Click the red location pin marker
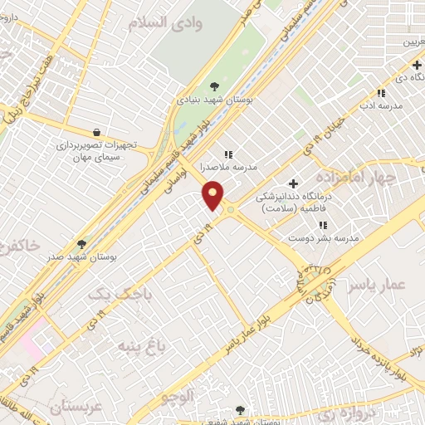[x=213, y=197]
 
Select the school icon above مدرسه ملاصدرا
[x=228, y=154]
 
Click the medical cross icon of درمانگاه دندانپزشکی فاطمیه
[x=292, y=183]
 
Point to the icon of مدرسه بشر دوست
[x=323, y=225]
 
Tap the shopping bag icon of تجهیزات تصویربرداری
[x=98, y=131]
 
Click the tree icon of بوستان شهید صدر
[x=81, y=243]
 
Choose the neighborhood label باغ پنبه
[x=140, y=345]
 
